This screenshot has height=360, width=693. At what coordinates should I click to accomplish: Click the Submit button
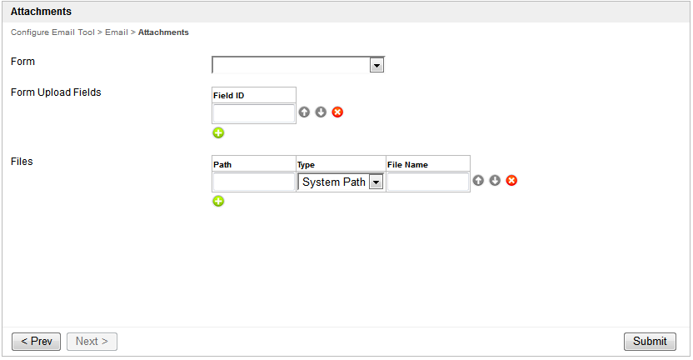pos(650,342)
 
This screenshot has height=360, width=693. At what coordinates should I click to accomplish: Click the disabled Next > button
pos(92,342)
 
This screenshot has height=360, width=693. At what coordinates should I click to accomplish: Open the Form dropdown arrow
pos(376,66)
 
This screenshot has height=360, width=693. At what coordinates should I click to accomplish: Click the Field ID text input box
pos(254,113)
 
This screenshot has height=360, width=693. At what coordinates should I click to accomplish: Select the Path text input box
pos(254,182)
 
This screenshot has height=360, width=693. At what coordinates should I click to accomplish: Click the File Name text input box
pos(428,182)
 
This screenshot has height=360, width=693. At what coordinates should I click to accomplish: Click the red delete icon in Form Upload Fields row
pos(337,112)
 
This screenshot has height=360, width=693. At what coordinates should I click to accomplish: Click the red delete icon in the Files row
pos(511,180)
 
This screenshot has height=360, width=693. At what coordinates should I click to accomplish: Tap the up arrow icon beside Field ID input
pos(304,112)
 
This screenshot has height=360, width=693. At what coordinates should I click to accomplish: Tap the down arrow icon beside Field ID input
pos(321,112)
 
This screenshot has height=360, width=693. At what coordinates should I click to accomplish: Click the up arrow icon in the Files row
pos(478,180)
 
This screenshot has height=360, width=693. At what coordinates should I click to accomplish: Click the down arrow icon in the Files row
pos(495,180)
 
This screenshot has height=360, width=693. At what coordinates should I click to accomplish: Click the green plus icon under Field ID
pos(218,132)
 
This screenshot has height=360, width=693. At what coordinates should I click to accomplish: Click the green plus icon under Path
pos(218,201)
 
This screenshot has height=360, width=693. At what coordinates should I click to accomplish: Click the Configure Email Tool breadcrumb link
pos(52,32)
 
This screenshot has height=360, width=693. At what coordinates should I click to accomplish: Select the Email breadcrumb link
pos(116,32)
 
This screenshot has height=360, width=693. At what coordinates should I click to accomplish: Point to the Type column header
pos(306,165)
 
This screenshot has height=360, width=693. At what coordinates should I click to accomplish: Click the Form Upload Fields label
pos(56,92)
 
